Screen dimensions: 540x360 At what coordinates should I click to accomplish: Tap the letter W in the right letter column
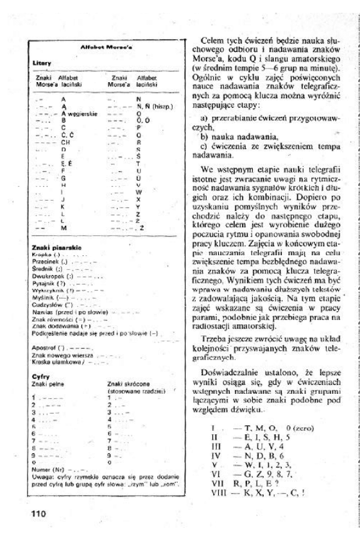[x=139, y=192]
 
